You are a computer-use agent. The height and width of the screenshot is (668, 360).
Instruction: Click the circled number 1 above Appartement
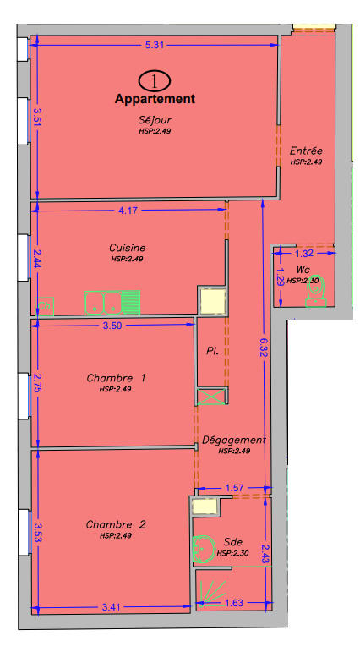155,80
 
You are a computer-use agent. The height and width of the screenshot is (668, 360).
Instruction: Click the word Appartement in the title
155,99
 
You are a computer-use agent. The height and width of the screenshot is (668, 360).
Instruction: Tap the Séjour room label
155,120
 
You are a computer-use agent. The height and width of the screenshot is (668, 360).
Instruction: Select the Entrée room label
306,151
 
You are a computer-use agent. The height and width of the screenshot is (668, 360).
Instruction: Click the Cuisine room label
127,248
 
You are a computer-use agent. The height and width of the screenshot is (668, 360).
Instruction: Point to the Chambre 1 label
117,378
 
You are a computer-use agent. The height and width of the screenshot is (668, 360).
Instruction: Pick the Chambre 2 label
116,525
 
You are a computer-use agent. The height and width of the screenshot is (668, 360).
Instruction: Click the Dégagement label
234,440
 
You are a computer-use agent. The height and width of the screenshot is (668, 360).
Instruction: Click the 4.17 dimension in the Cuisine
128,210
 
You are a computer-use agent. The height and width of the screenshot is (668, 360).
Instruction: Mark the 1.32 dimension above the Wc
304,253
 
